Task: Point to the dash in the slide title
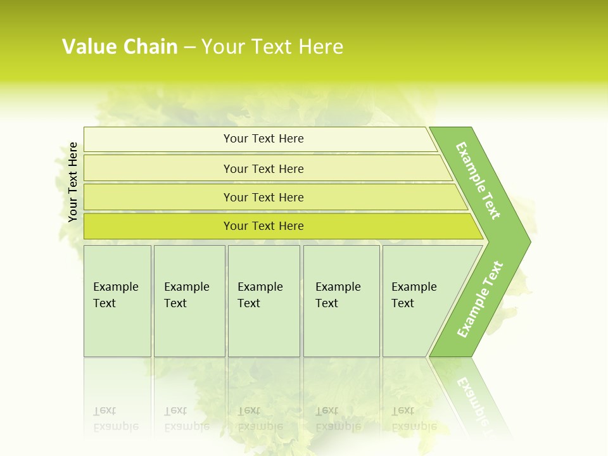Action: click(x=189, y=47)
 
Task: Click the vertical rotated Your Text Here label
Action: click(x=73, y=182)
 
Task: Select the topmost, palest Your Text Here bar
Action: click(x=263, y=139)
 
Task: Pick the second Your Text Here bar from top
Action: click(x=263, y=168)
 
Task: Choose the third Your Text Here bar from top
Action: click(x=263, y=197)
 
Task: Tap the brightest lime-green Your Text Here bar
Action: click(x=263, y=226)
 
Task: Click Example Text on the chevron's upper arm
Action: click(x=478, y=180)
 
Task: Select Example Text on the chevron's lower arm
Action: click(x=480, y=299)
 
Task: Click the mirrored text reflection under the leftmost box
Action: click(x=116, y=419)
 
